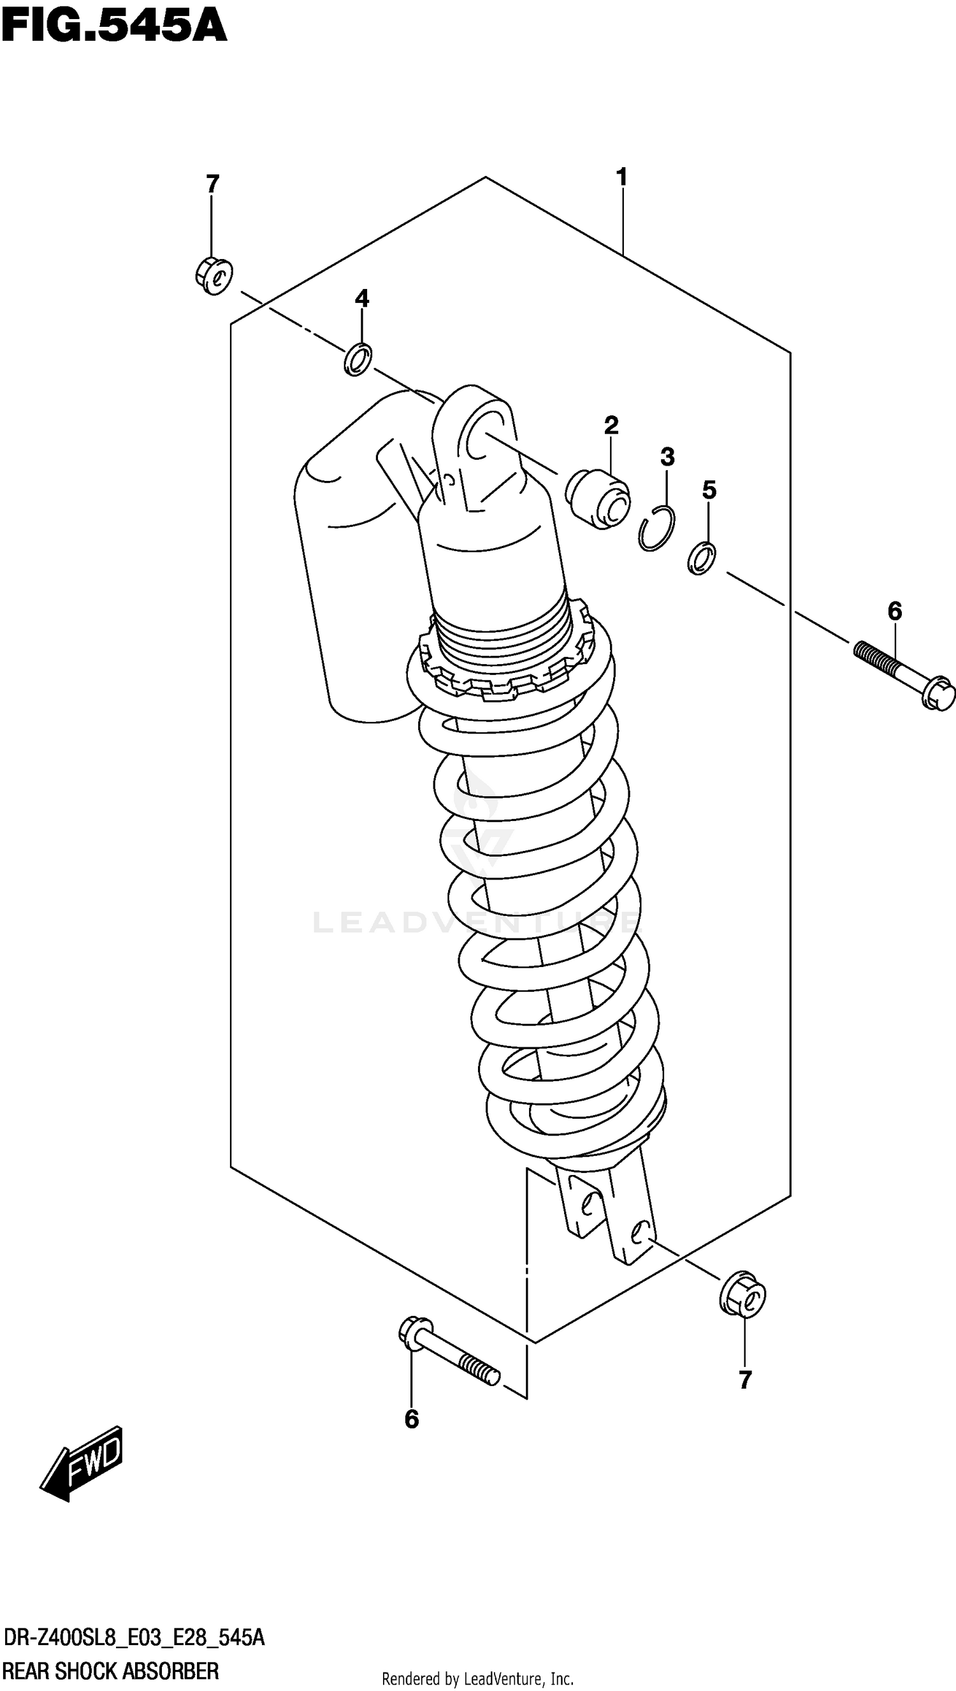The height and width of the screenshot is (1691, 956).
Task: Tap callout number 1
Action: pos(621,177)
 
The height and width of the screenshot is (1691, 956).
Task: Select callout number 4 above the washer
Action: pos(362,299)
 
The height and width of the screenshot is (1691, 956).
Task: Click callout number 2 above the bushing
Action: pos(611,425)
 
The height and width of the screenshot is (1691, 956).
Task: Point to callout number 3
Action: pos(667,457)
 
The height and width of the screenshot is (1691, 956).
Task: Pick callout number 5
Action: pos(709,490)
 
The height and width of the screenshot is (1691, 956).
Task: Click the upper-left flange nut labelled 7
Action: pos(214,276)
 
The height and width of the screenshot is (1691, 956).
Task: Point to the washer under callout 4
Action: pos(358,359)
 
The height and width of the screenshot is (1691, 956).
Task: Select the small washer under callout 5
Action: pos(702,558)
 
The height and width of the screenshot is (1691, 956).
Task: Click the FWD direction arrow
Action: pos(82,1463)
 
